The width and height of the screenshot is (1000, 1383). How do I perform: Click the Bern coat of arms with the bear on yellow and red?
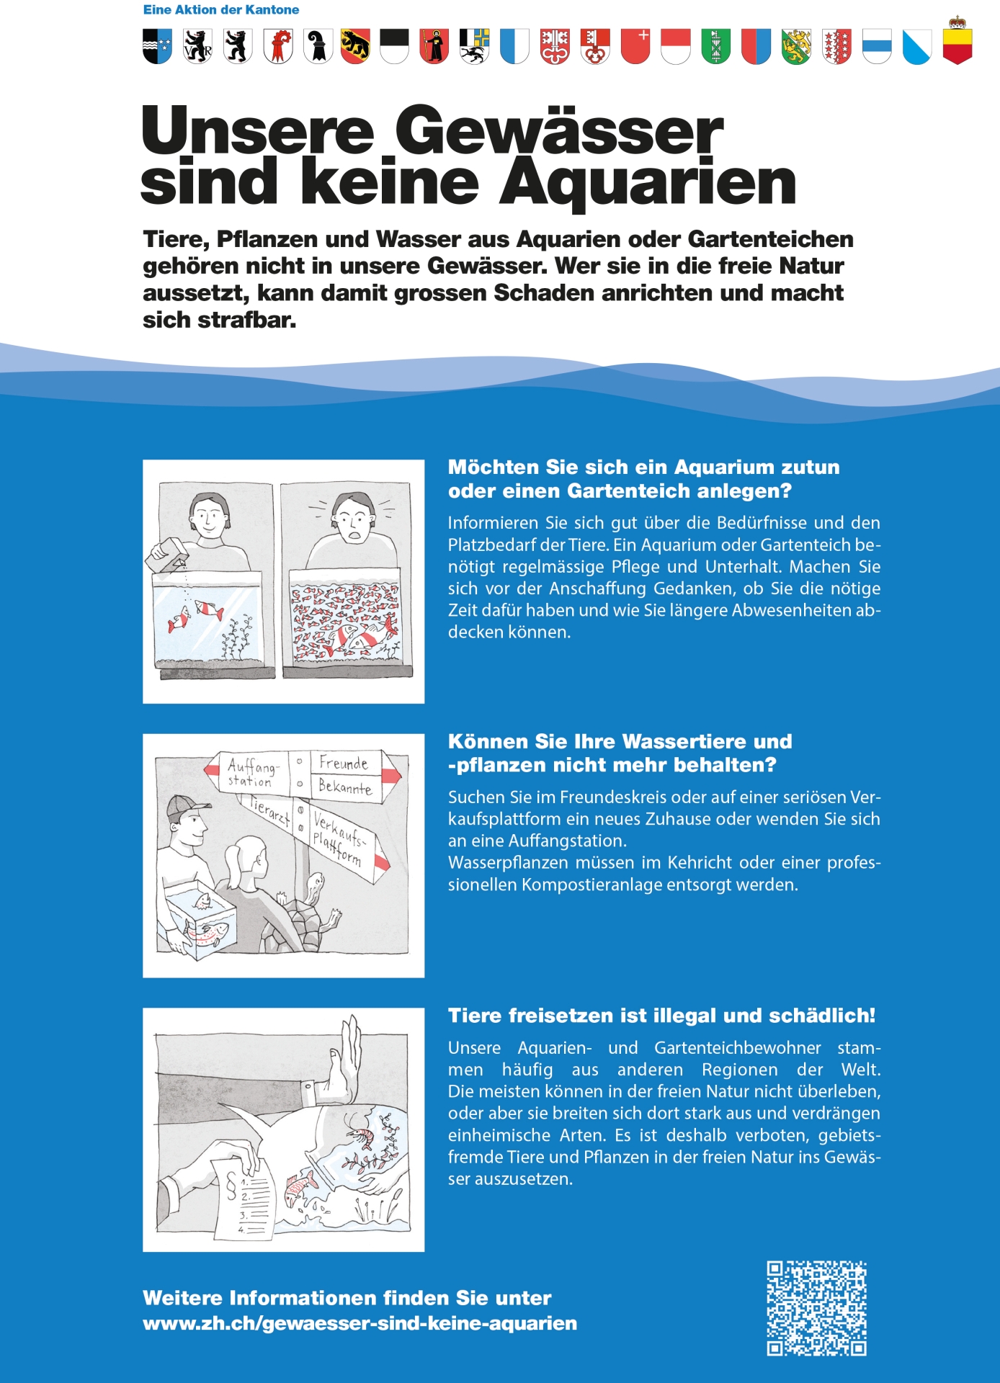[x=354, y=46]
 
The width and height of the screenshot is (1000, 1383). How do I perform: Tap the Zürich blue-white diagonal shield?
[x=916, y=47]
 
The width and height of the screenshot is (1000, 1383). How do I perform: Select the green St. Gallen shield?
[x=715, y=46]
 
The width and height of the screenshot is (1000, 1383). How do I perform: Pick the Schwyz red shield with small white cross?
[x=635, y=46]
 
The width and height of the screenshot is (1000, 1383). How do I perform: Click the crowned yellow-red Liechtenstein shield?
[x=957, y=43]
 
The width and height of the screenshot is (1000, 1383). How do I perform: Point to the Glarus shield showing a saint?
[x=434, y=46]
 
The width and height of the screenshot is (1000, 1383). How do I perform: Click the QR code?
[x=816, y=1308]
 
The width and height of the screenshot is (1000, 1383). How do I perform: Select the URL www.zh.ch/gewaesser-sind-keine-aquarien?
[x=360, y=1323]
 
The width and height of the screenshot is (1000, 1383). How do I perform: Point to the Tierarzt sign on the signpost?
[x=270, y=810]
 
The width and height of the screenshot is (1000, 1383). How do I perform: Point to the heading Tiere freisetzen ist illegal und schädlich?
[x=661, y=1016]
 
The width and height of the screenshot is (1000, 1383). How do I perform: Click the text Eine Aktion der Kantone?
[x=220, y=10]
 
